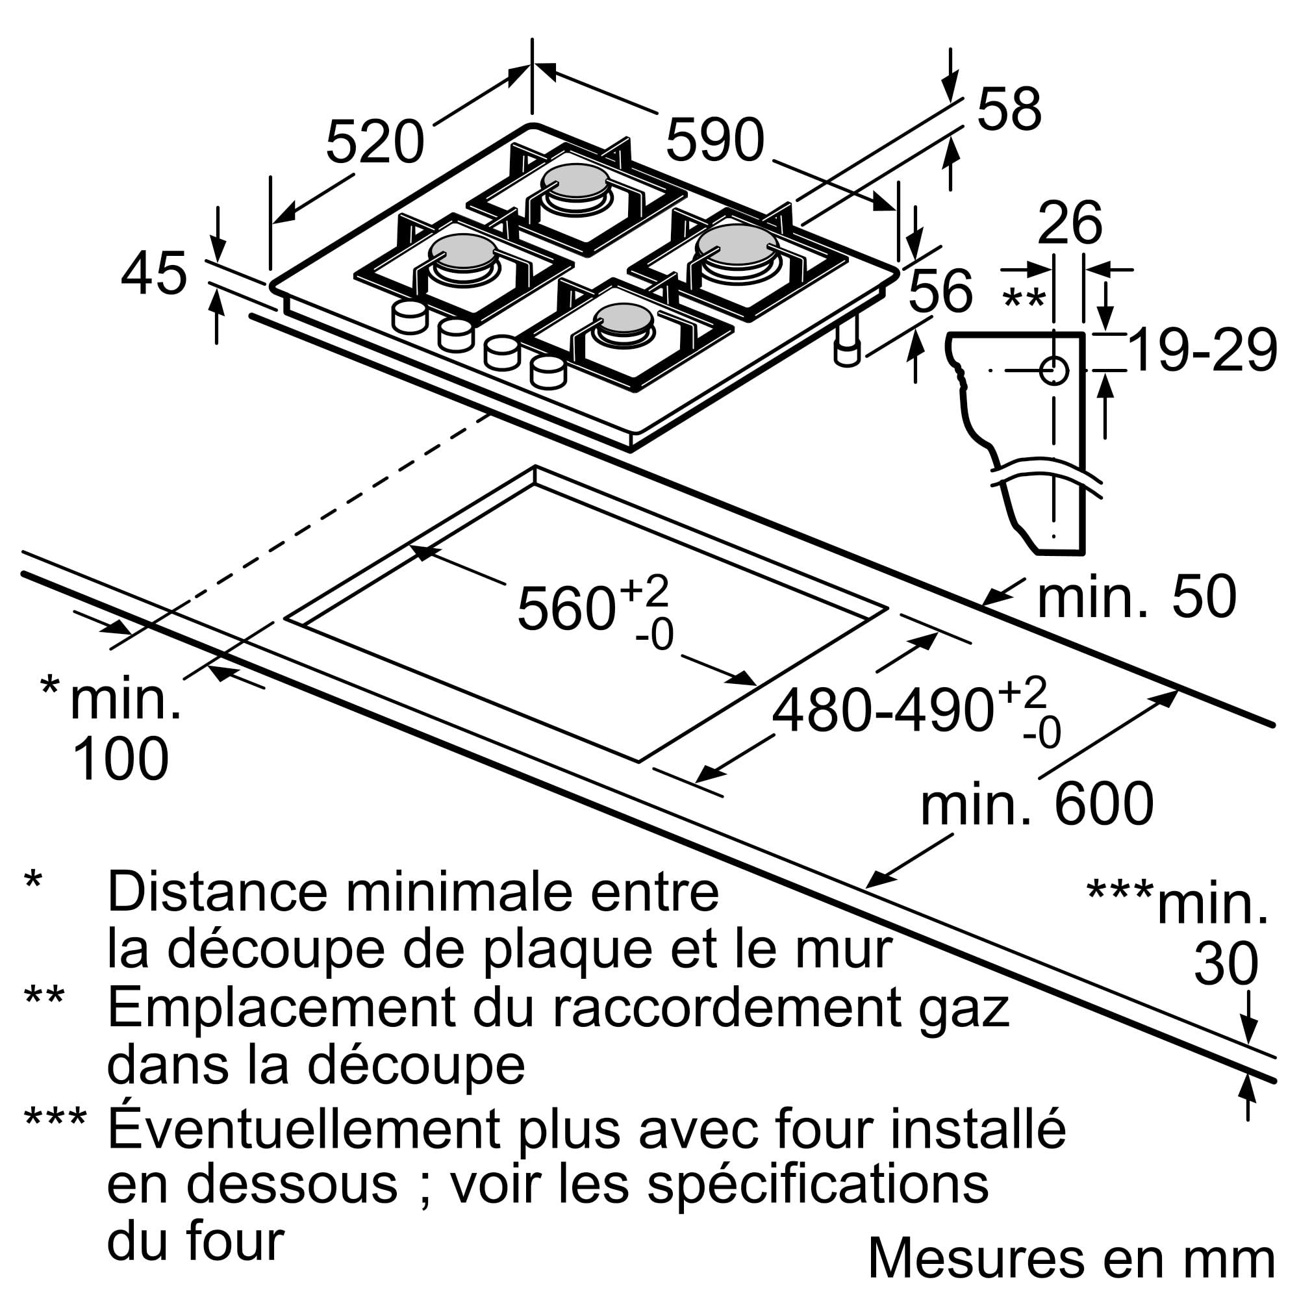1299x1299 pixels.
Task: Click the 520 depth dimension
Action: (375, 142)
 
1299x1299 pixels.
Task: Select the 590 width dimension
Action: (714, 140)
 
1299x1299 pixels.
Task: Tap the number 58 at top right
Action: (1009, 109)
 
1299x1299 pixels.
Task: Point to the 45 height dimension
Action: (153, 273)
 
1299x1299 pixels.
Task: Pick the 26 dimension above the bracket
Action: (1069, 223)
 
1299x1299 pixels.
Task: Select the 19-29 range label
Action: (1202, 350)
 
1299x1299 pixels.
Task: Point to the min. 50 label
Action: (1136, 596)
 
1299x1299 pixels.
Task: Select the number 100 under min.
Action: (120, 759)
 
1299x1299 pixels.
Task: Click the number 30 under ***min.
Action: (1226, 964)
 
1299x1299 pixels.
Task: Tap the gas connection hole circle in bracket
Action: (1053, 370)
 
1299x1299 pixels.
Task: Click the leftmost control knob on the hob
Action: (409, 317)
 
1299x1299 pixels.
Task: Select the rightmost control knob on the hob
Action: (548, 372)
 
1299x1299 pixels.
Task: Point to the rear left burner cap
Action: (575, 180)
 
